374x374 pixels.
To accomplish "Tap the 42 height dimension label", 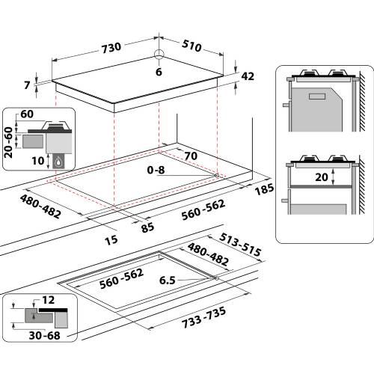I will point(248,76).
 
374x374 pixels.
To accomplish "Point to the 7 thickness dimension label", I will point(28,85).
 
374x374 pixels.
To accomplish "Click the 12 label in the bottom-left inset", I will point(49,300).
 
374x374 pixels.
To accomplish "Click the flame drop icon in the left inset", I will point(58,160).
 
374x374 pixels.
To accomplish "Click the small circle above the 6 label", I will point(159,54).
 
